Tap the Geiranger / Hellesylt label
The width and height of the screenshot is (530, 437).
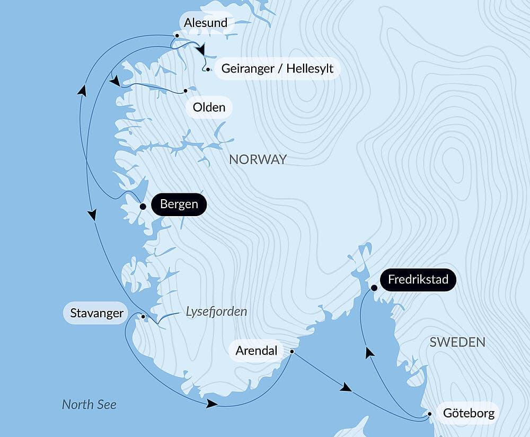[277, 69]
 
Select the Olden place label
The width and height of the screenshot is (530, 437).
[209, 108]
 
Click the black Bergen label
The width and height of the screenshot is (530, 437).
[179, 204]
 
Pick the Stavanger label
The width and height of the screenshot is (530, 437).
[96, 313]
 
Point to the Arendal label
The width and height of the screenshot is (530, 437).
[257, 351]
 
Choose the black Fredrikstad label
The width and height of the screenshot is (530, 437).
[418, 280]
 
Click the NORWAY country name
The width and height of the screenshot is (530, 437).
[258, 159]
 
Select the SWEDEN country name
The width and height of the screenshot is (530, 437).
[457, 342]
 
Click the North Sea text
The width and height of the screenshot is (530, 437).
[89, 405]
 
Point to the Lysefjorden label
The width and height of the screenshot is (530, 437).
[216, 311]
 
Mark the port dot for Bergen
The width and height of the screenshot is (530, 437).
[143, 206]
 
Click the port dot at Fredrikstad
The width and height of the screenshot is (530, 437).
[374, 288]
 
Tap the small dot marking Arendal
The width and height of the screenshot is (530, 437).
[291, 351]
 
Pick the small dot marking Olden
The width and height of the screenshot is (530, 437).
[185, 91]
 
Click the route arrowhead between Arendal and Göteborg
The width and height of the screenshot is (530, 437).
[346, 388]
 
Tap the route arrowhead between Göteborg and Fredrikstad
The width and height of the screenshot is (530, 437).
[369, 353]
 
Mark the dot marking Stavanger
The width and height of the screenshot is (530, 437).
[143, 317]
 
